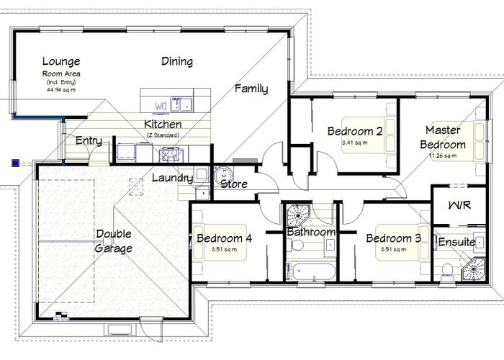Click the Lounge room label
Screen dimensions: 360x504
point(61,61)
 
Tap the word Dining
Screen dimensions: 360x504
point(177,61)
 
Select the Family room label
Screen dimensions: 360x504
point(251,89)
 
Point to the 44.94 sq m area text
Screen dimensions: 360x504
point(61,91)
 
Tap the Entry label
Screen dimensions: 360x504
point(89,141)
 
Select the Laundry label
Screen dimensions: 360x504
point(172,177)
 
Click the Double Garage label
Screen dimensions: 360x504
point(114,241)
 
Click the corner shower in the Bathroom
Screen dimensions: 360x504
point(297,215)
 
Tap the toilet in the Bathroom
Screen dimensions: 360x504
point(295,246)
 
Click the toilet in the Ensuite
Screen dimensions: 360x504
point(447,269)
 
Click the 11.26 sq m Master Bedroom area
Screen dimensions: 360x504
point(443,156)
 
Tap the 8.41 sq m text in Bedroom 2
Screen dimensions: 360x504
point(354,143)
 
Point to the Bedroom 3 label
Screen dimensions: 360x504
point(393,238)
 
